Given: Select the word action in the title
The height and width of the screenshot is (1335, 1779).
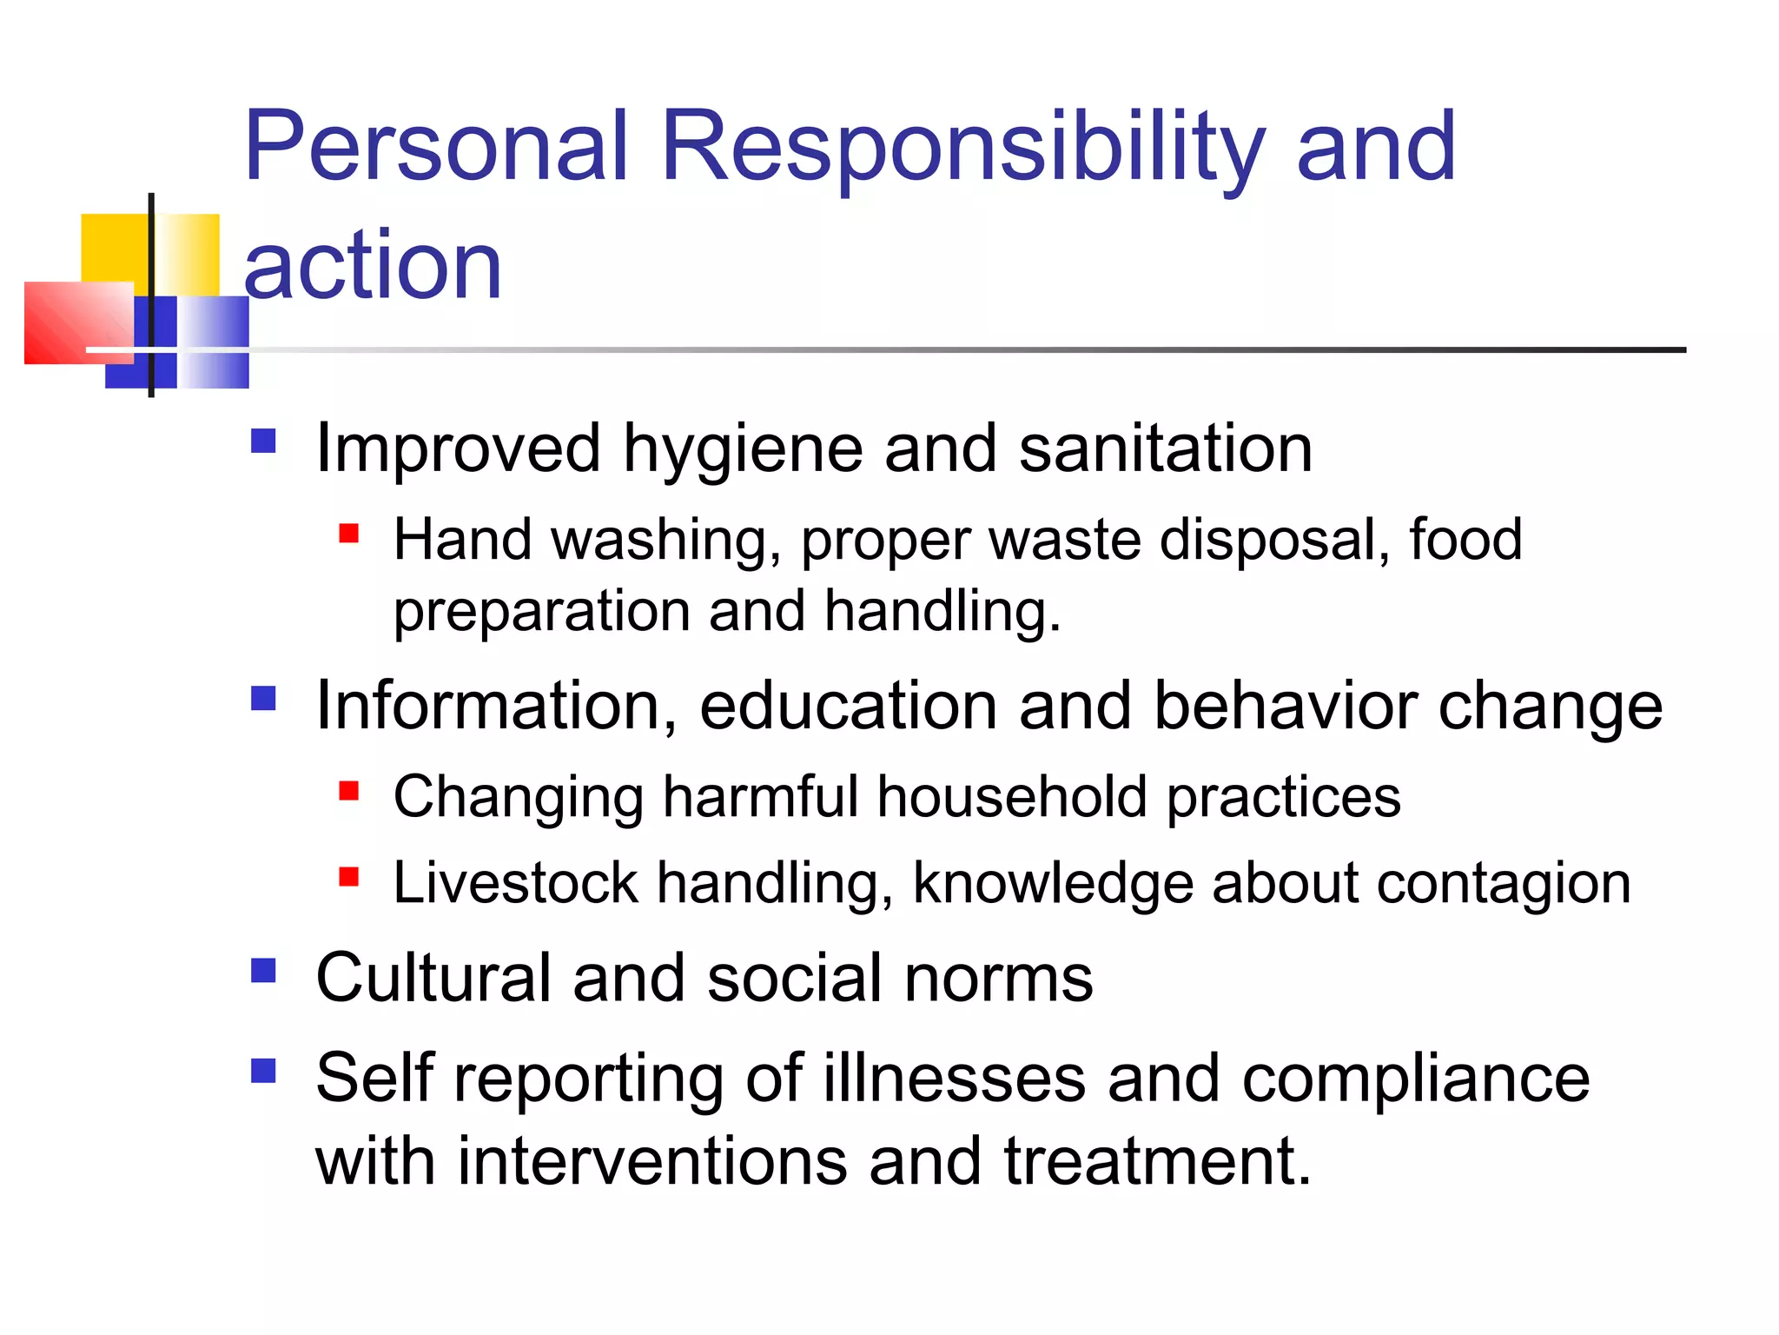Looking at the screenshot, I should pyautogui.click(x=373, y=265).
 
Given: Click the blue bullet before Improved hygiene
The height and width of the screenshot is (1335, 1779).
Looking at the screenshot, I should pyautogui.click(x=263, y=442).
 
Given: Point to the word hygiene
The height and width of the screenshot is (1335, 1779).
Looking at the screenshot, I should pyautogui.click(x=743, y=450).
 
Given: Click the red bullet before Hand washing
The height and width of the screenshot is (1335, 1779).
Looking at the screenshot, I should pyautogui.click(x=349, y=532).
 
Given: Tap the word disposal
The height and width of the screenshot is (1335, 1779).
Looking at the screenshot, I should pyautogui.click(x=1268, y=540).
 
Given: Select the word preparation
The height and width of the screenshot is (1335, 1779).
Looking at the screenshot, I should pyautogui.click(x=541, y=612).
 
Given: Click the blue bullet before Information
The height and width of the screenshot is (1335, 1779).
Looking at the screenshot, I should pyautogui.click(x=263, y=698).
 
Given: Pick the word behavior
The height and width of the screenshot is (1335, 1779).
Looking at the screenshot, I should pyautogui.click(x=1286, y=705).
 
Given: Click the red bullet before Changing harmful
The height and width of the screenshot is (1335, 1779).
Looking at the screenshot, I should pyautogui.click(x=349, y=790).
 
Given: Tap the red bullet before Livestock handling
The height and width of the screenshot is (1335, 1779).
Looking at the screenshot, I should pyautogui.click(x=349, y=876).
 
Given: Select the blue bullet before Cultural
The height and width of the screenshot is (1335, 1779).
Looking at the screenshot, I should pyautogui.click(x=263, y=970).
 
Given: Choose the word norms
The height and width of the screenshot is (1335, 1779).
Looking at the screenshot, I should pyautogui.click(x=998, y=979).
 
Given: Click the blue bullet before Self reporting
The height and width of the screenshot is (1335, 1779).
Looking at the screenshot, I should pyautogui.click(x=263, y=1070).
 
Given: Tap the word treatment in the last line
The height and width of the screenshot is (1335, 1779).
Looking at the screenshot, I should pyautogui.click(x=1156, y=1161).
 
